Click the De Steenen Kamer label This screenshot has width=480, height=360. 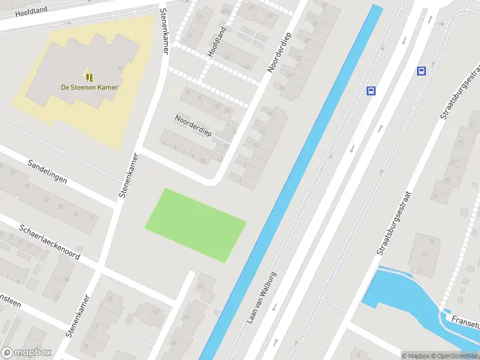point(89,88)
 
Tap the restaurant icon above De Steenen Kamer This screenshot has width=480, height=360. point(89,77)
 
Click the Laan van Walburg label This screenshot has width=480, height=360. point(262,298)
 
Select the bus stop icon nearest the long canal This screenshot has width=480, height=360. point(371,91)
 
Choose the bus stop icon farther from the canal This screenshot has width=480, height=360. point(422,71)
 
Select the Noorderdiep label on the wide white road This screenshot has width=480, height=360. point(279,52)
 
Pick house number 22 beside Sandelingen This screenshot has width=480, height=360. point(46,199)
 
